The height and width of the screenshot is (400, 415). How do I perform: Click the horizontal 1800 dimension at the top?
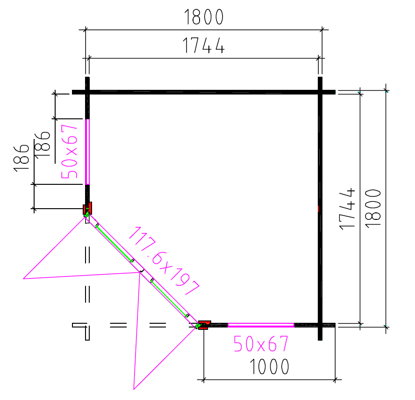click(x=204, y=17)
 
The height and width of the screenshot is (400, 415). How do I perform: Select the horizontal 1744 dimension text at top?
click(x=204, y=45)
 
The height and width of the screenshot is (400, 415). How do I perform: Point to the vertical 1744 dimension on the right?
click(x=347, y=209)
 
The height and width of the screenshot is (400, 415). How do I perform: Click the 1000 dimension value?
click(x=269, y=367)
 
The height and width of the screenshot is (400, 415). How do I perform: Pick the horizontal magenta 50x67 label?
click(x=261, y=344)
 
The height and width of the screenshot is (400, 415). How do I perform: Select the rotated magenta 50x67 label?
click(x=69, y=152)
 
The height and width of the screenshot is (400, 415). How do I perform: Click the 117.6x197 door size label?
click(x=164, y=261)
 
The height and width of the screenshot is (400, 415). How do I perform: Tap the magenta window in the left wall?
click(x=87, y=152)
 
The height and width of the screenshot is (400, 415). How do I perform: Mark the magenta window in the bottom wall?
click(x=261, y=325)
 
